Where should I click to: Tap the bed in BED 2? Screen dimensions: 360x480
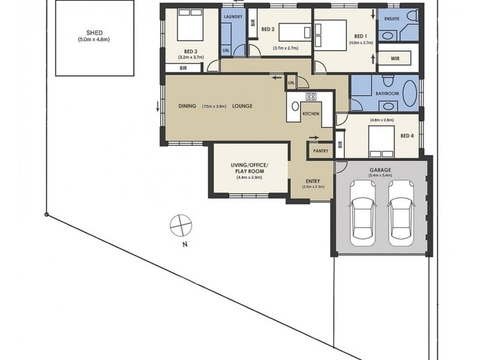point(290,30)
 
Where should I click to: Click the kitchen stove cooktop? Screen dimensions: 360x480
point(311,97)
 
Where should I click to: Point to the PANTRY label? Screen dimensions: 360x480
point(320,151)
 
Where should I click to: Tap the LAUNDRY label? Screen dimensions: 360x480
point(233,17)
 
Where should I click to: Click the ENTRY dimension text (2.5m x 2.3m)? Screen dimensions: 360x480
point(313,187)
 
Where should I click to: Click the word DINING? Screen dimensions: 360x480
point(187,106)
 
